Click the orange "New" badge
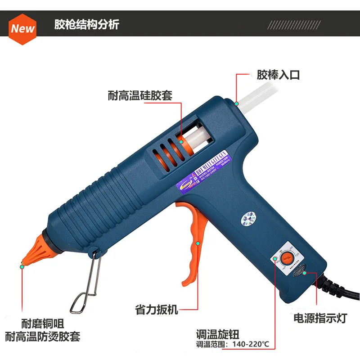(23, 28)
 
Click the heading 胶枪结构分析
(86, 24)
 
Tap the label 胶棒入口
(278, 75)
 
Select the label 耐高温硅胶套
(140, 95)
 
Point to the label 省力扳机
(157, 310)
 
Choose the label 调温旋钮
(217, 334)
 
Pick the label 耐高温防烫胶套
(43, 336)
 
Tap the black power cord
(342, 292)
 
